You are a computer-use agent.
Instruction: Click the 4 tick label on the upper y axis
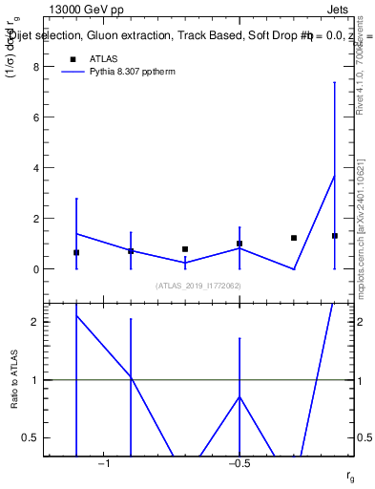point(36,168)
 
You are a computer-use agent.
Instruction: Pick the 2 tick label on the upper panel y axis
point(36,219)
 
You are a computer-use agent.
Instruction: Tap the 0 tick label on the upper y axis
point(36,269)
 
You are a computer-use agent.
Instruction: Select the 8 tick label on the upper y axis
point(36,67)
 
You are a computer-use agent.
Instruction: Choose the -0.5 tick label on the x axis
point(240,463)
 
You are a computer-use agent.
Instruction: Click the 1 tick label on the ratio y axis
point(36,380)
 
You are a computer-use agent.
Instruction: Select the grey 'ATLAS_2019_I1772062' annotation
point(198,286)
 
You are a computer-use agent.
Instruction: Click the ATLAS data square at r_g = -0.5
point(240,244)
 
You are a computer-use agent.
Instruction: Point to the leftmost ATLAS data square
point(76,253)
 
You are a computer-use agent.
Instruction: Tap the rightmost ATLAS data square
point(335,236)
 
